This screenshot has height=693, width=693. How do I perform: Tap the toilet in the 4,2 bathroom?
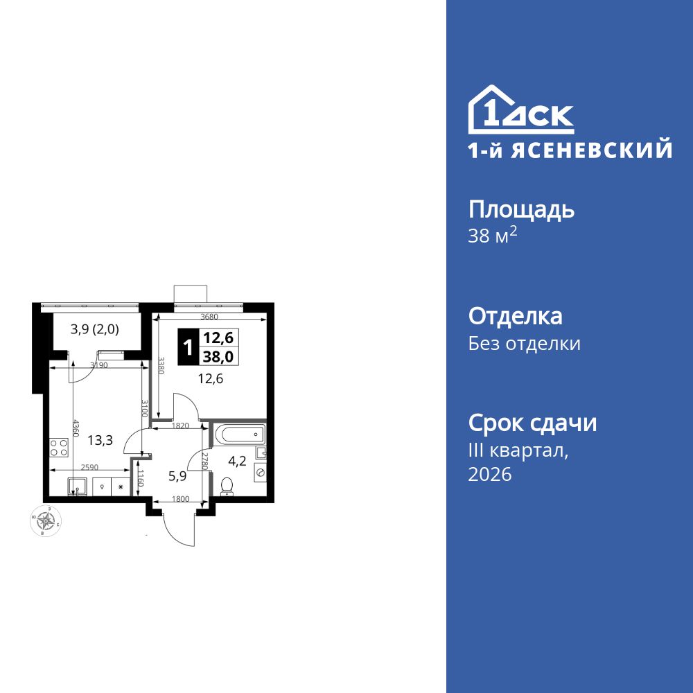(226, 486)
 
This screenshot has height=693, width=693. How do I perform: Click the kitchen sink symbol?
(76, 486)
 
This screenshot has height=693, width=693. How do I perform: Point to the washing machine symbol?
(261, 472)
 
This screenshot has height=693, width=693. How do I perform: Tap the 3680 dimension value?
(209, 316)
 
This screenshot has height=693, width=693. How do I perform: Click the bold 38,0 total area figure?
(218, 356)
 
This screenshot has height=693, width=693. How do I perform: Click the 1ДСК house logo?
(520, 111)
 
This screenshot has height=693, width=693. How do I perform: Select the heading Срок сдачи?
(532, 423)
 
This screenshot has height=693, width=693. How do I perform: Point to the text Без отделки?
(524, 344)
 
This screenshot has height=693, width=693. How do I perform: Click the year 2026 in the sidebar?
(490, 475)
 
